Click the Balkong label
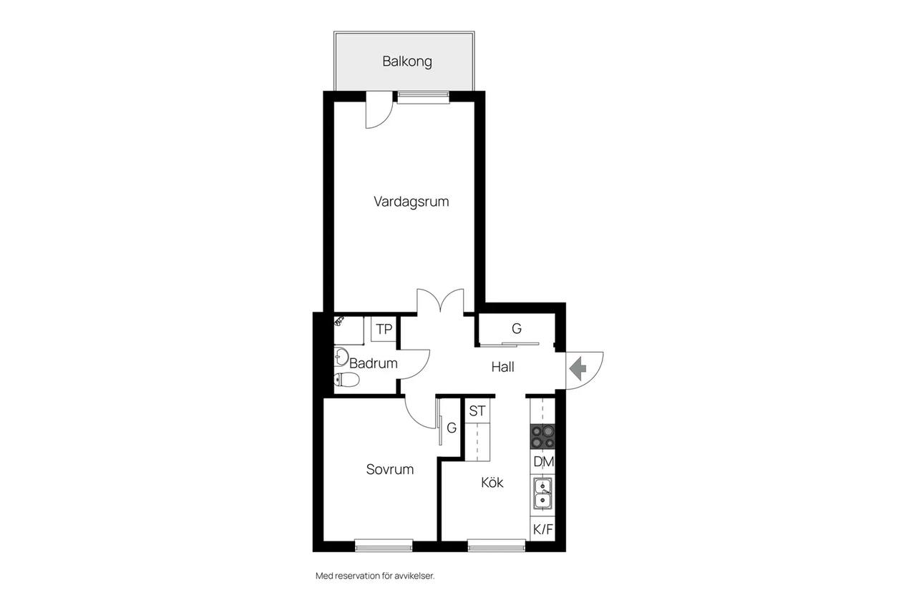(407, 62)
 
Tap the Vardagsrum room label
(411, 202)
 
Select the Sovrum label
(390, 469)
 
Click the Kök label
(492, 483)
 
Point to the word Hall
(502, 367)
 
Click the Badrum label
(374, 363)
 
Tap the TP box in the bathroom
(384, 329)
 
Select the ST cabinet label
(477, 410)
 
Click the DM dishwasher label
(543, 462)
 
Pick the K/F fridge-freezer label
(543, 529)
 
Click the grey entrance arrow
(578, 368)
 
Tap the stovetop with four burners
(542, 437)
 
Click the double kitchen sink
(542, 493)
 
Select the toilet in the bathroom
(346, 380)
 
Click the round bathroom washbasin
(341, 356)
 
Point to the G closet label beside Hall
(517, 328)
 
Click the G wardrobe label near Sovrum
(452, 428)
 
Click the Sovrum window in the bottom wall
(384, 546)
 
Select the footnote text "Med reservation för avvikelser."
(375, 576)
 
